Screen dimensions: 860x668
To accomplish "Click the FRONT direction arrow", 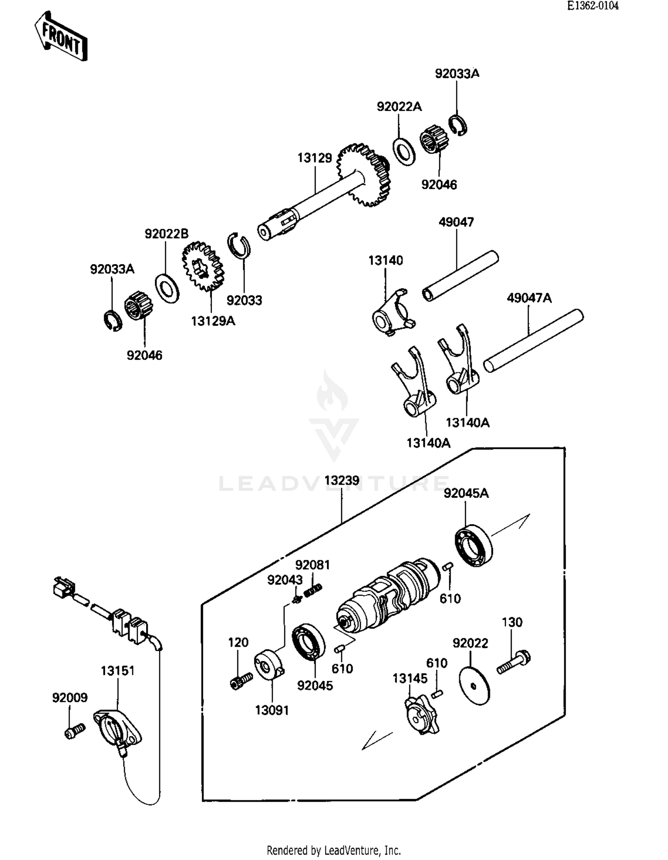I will coord(61,37).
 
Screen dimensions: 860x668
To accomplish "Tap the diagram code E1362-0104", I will coord(592,6).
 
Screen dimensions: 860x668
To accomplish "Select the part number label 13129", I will coord(314,158).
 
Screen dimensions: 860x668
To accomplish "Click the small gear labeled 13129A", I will coord(203,266).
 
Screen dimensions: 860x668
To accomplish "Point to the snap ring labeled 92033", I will coord(239,245).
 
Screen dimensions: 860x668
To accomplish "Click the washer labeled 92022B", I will coord(167,289).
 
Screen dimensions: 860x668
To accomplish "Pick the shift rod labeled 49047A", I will coord(534,341).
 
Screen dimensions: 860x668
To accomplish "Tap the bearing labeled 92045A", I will coord(474,546).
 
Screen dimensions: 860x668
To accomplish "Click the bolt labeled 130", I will coord(514,662).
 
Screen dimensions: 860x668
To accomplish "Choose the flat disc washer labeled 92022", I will coord(474,686).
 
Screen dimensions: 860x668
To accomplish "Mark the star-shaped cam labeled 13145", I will coord(421,715).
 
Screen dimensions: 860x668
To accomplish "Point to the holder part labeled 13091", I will coord(269,666).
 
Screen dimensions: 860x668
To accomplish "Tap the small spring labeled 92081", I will coord(313,590).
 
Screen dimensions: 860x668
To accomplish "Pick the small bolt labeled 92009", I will coord(74,731).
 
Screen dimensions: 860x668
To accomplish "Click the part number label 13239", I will coord(342,481).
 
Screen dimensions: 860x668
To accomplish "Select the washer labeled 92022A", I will coord(404,152).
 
